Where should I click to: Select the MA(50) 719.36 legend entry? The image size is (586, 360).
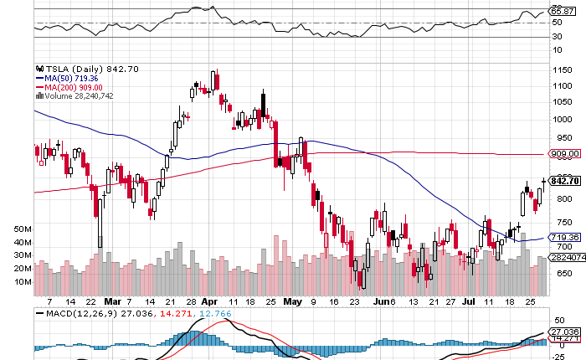click(x=80, y=78)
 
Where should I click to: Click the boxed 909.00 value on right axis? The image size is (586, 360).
click(x=564, y=154)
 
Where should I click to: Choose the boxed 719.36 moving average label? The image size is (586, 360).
click(x=564, y=238)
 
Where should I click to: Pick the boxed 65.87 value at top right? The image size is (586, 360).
click(x=559, y=11)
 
